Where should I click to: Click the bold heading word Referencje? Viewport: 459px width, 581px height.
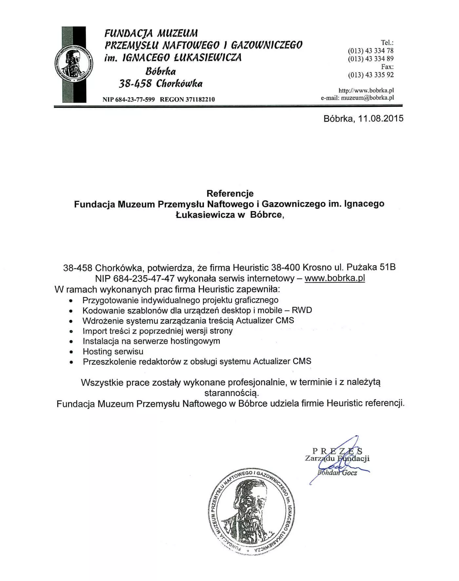[x=230, y=193]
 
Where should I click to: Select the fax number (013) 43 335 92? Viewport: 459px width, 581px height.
[x=371, y=75]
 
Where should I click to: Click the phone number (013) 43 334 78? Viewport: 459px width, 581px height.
[x=371, y=51]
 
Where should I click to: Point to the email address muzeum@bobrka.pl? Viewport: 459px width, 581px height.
[x=367, y=98]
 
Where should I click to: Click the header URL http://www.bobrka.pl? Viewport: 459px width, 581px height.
[x=366, y=90]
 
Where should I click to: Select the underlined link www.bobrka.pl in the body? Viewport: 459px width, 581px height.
[x=335, y=278]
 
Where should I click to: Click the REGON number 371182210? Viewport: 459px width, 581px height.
[x=200, y=99]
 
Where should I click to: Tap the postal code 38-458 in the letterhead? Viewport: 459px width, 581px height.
[x=135, y=84]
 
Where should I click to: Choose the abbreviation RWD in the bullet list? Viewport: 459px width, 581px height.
[x=302, y=310]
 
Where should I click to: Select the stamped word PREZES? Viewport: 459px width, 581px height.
[x=337, y=451]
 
